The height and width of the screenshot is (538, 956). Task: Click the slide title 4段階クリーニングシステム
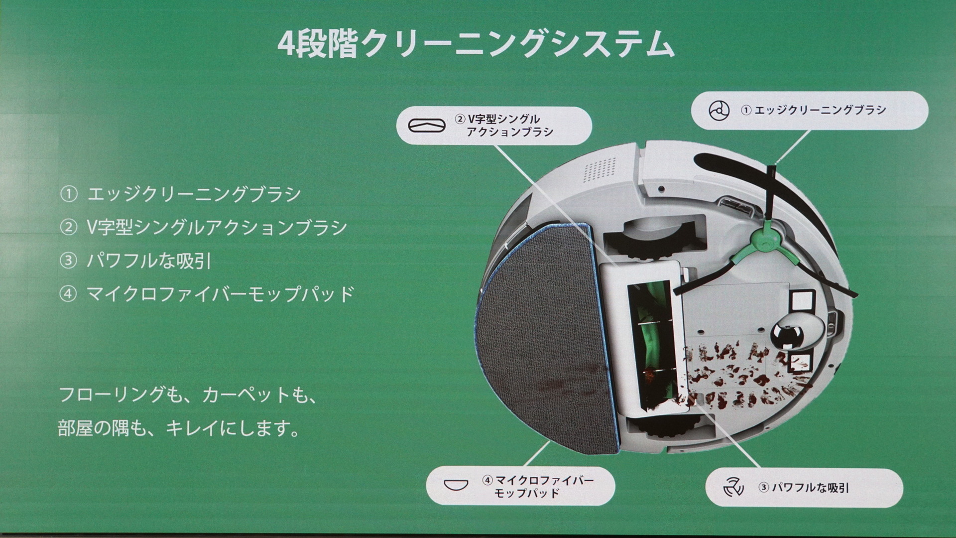pos(476,45)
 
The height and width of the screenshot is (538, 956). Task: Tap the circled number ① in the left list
pos(69,194)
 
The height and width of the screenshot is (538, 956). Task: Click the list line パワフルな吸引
pos(149,261)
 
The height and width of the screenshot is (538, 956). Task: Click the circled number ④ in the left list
pos(68,294)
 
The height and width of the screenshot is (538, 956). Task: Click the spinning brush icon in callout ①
pos(719,111)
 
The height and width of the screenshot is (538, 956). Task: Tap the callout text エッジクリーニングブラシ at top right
pos(820,110)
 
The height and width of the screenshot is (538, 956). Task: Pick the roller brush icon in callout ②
pos(427,126)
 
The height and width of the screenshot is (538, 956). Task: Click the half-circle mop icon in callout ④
pos(456,485)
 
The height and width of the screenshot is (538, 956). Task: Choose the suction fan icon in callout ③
pos(733,487)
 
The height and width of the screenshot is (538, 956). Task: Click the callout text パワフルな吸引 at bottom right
pos(810,488)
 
